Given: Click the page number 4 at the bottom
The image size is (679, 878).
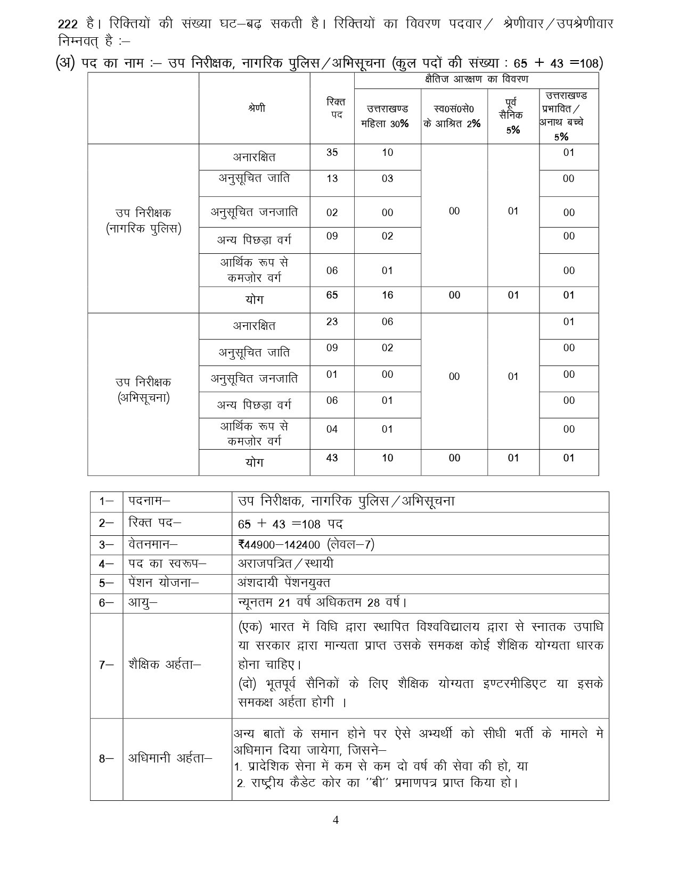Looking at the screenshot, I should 336,819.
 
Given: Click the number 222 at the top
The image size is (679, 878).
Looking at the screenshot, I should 68,24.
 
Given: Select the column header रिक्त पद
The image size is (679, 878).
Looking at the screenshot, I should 332,108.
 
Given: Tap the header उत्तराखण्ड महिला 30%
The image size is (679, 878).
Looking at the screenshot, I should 387,116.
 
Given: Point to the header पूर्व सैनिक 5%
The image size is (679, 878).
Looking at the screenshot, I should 513,115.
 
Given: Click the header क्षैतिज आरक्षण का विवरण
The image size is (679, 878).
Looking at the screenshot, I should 476,80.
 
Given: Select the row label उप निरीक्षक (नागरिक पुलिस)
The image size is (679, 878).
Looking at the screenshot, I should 143,221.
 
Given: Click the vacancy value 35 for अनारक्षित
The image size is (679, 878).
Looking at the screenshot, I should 332,153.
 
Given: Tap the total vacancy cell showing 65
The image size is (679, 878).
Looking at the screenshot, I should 332,295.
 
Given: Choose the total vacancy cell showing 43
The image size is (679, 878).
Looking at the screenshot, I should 332,458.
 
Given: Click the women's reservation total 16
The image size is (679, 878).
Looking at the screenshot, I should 387,295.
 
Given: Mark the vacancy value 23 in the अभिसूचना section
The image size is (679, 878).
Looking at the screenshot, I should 332,322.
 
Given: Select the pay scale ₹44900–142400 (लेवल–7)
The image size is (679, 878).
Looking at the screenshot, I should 306,544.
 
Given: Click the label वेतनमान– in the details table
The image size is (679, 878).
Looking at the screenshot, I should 153,544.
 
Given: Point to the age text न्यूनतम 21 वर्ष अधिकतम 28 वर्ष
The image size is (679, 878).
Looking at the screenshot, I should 322,603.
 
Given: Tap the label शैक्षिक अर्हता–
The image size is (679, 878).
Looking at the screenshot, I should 165,665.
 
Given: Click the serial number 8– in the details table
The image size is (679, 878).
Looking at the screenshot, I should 106,759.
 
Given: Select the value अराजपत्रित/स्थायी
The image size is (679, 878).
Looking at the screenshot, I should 285,564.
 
